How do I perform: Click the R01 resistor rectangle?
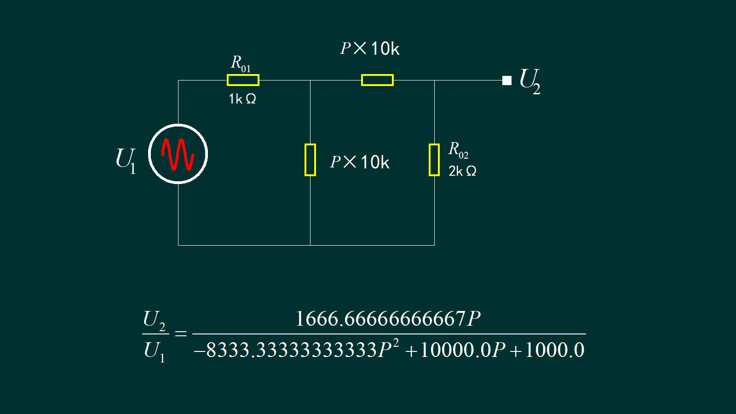click(243, 80)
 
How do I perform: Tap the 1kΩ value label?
click(242, 99)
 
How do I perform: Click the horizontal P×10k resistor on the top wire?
click(377, 80)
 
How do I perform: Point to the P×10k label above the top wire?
click(370, 48)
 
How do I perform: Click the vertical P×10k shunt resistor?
click(310, 160)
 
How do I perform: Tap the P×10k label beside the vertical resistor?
click(360, 162)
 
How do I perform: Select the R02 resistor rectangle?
click(434, 160)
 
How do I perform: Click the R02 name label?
click(458, 150)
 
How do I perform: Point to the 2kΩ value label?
click(462, 171)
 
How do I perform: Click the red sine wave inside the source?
click(178, 154)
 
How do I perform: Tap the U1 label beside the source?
click(126, 160)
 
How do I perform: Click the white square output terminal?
click(507, 80)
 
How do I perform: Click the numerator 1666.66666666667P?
click(388, 318)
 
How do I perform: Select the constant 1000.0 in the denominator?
click(555, 350)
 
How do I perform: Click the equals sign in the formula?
click(181, 333)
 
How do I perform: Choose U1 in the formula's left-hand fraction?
click(154, 351)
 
